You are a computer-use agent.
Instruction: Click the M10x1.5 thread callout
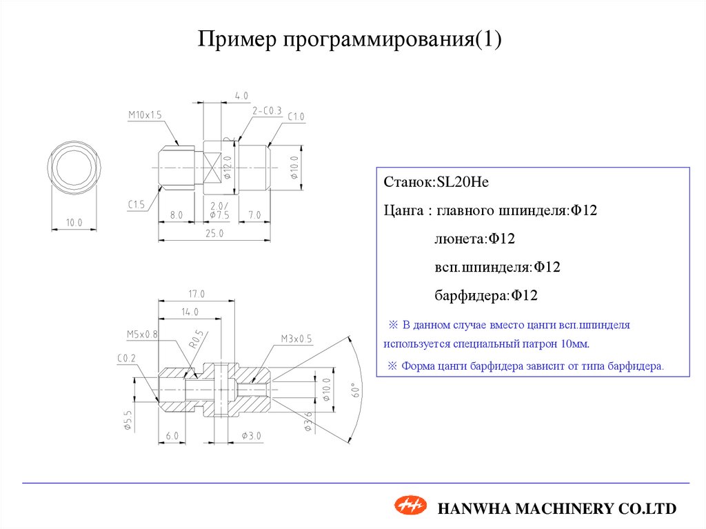tap(144, 115)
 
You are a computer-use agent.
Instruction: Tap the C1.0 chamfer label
tap(296, 116)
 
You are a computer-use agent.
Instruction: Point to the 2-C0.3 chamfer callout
tap(267, 110)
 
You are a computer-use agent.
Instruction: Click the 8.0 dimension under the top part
tap(176, 215)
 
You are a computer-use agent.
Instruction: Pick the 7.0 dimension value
tap(254, 215)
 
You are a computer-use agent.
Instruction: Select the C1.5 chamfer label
tap(136, 204)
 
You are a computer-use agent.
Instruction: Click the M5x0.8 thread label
tap(142, 334)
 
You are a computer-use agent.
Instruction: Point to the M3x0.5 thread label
tap(296, 339)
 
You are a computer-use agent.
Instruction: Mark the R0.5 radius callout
tap(196, 340)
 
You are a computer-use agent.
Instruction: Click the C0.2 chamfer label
tap(125, 357)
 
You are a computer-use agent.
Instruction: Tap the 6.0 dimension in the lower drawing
tap(172, 436)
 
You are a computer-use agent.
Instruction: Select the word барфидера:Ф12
tap(485, 295)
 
